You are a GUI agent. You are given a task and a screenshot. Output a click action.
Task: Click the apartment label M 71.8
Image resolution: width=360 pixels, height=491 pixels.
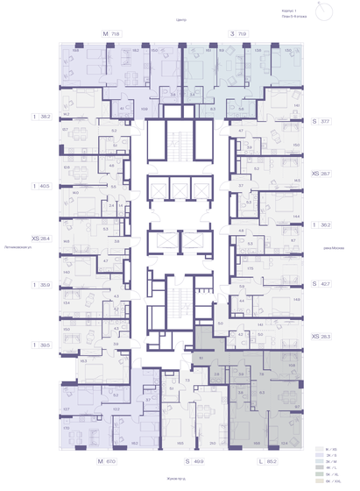click(x=110, y=33)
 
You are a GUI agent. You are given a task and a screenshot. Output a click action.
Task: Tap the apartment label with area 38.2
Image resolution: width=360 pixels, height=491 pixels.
click(x=41, y=115)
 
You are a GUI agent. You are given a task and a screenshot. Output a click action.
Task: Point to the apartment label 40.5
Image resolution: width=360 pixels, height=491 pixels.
click(x=41, y=185)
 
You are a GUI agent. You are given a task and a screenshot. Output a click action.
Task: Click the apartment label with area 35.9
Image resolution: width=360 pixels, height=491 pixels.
click(x=41, y=285)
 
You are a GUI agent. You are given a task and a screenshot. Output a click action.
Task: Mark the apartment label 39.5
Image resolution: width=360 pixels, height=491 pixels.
click(x=41, y=345)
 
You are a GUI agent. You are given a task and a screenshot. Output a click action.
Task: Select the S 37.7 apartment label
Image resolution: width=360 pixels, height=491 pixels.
click(x=321, y=123)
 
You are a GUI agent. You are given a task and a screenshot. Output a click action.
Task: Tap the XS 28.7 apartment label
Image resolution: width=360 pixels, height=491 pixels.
click(x=321, y=174)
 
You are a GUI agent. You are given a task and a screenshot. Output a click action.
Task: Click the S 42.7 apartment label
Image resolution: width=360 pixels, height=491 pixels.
click(x=321, y=283)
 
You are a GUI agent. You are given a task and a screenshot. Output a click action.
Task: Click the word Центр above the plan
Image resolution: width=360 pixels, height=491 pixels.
click(x=182, y=18)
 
